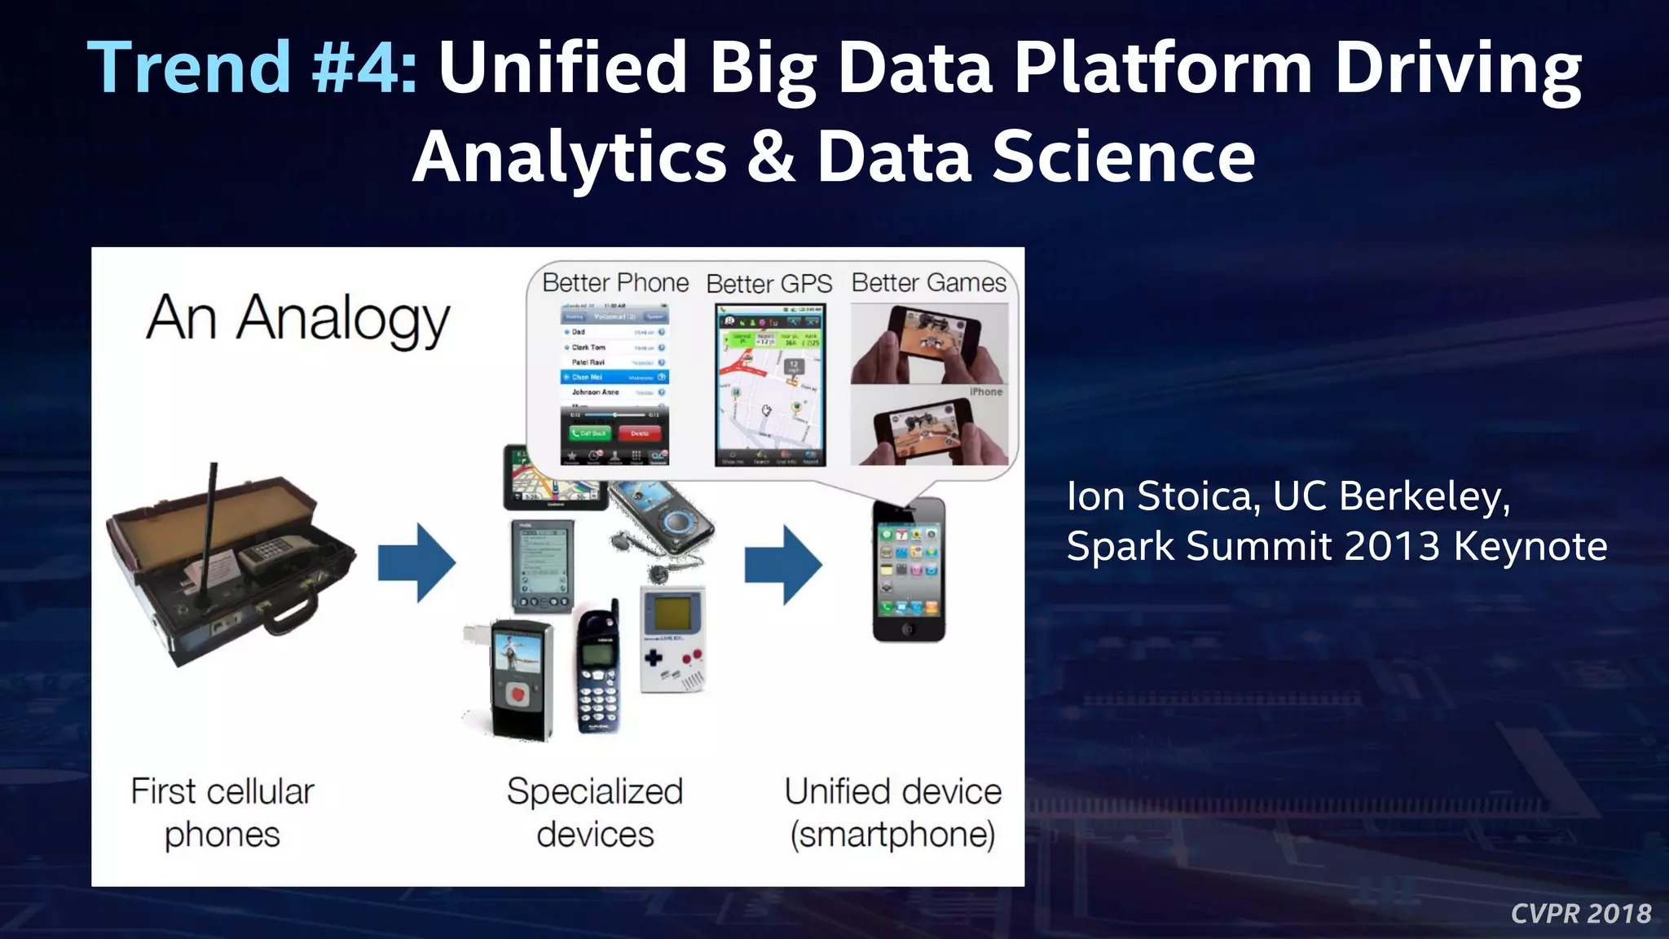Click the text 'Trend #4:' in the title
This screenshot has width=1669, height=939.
pyautogui.click(x=253, y=67)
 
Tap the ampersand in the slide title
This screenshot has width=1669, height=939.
pyautogui.click(x=770, y=156)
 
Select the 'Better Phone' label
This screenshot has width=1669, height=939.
pyautogui.click(x=615, y=283)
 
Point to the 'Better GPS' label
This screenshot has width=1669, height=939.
pyautogui.click(x=768, y=284)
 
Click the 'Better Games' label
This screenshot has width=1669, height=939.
pyautogui.click(x=928, y=283)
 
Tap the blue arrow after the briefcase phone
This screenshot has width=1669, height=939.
pyautogui.click(x=416, y=563)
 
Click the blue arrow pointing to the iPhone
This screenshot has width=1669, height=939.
pyautogui.click(x=782, y=564)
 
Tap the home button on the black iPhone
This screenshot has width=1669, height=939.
pyautogui.click(x=908, y=629)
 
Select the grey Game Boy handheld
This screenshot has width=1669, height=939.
pyautogui.click(x=673, y=640)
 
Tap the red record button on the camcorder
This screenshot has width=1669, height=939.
pyautogui.click(x=516, y=694)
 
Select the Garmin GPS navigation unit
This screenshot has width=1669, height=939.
pyautogui.click(x=553, y=478)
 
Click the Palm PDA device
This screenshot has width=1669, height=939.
pyautogui.click(x=542, y=566)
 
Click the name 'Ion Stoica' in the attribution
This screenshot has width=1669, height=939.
pyautogui.click(x=1160, y=496)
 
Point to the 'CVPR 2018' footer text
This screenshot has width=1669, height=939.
pyautogui.click(x=1580, y=914)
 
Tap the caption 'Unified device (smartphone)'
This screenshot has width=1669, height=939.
pyautogui.click(x=893, y=813)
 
